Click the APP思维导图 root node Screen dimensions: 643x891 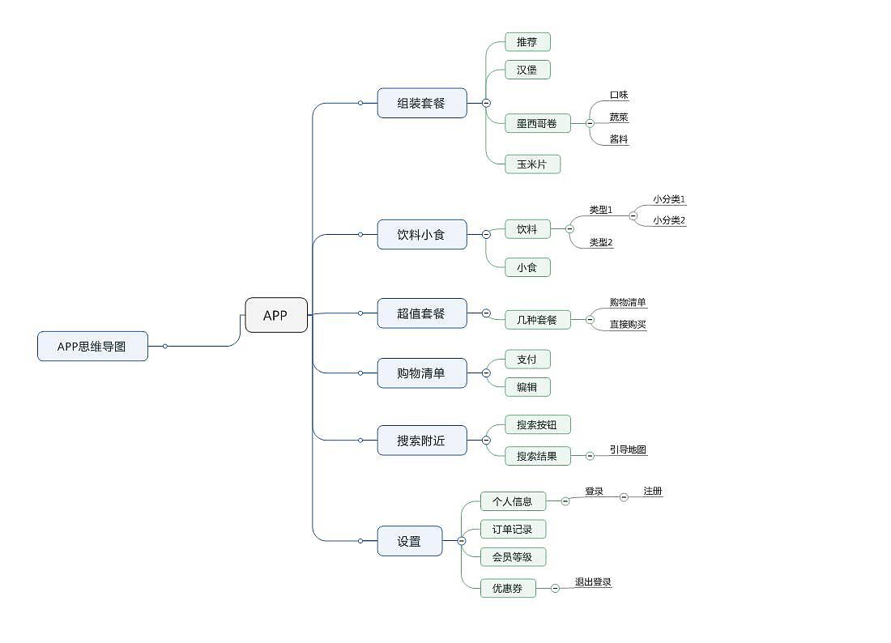(92, 346)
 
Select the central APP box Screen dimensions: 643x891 (276, 315)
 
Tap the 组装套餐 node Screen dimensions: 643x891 (422, 103)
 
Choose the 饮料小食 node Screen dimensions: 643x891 (422, 234)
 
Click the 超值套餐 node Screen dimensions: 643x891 (422, 313)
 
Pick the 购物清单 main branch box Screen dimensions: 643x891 (422, 373)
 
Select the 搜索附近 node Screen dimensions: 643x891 (422, 441)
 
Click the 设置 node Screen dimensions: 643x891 (410, 541)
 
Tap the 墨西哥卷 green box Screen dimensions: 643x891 (537, 123)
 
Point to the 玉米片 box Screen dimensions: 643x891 (532, 164)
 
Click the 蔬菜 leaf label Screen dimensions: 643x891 (619, 117)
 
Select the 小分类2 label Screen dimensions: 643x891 (669, 220)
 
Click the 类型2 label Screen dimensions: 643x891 (601, 242)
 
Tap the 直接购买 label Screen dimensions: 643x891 (628, 325)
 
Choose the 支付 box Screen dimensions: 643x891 (527, 359)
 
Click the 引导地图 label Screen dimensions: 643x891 (628, 449)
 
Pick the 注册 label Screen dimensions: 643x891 (653, 491)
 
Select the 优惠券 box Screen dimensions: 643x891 (508, 588)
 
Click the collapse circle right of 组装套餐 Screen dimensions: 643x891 (486, 103)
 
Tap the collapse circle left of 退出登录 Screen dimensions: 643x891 (555, 588)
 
